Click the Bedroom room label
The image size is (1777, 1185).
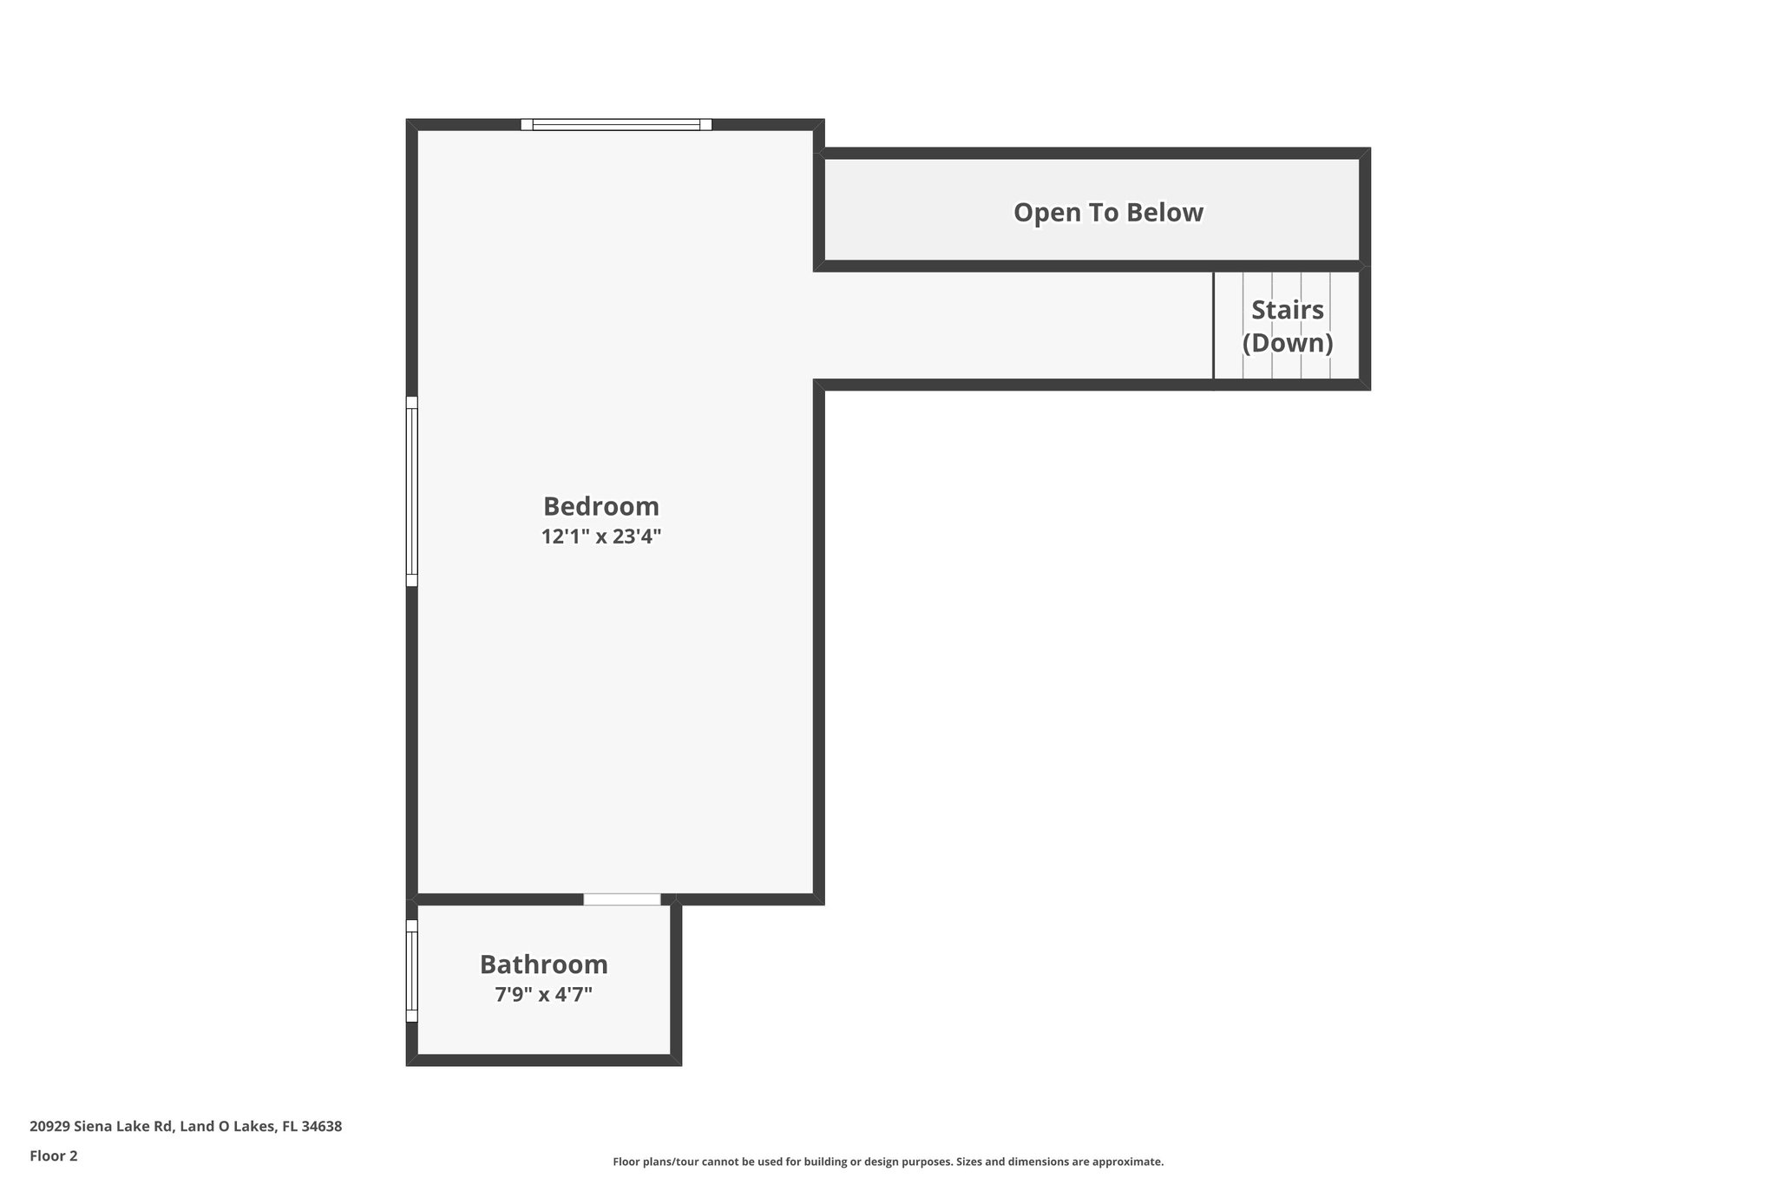[600, 506]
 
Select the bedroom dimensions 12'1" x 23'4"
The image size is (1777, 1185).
[600, 537]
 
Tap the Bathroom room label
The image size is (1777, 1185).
[543, 964]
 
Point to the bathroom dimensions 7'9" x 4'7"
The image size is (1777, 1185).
[543, 995]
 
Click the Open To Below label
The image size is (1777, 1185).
[1108, 213]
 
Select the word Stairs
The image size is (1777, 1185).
[1287, 310]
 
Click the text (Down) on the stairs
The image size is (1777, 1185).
[1287, 343]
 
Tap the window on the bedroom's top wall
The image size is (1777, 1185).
[616, 125]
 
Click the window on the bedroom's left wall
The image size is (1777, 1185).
[412, 491]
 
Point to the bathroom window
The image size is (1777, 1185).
[412, 971]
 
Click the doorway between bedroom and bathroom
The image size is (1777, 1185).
[621, 899]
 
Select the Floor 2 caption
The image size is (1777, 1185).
[53, 1155]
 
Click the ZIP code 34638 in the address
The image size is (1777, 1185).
[322, 1127]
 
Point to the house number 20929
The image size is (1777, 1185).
[49, 1127]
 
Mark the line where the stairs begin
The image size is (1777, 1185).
[1213, 326]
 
